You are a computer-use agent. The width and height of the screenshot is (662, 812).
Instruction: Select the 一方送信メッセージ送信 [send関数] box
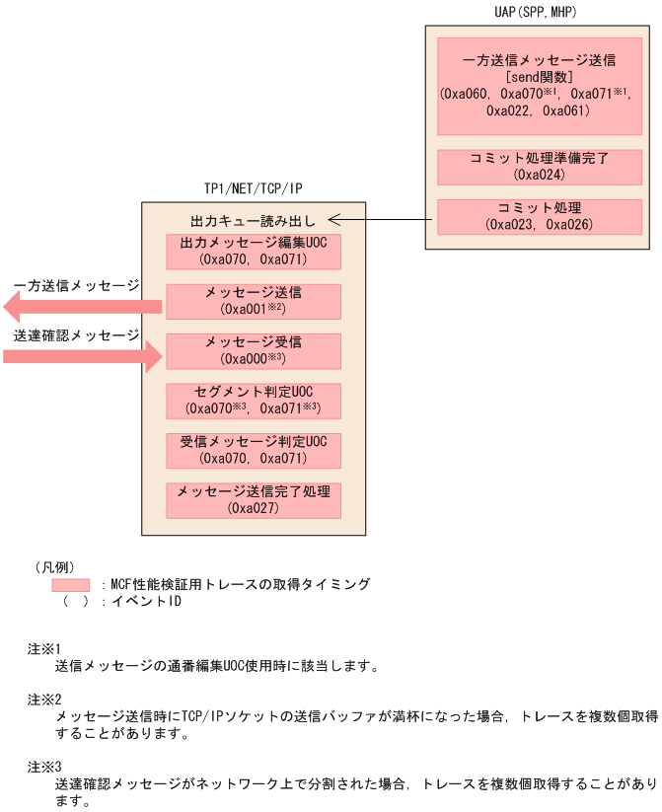[x=539, y=86]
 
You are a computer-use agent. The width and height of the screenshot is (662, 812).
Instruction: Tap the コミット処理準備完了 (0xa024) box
[x=539, y=167]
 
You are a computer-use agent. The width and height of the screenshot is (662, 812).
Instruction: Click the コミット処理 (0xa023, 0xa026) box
[x=539, y=216]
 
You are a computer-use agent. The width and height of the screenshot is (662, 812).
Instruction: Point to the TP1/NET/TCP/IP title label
[x=254, y=188]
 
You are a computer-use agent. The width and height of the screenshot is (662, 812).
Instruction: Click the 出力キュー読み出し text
[x=255, y=219]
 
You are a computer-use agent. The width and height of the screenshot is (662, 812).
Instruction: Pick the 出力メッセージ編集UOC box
[x=255, y=252]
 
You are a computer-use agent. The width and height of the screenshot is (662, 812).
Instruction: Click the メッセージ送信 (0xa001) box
[x=255, y=301]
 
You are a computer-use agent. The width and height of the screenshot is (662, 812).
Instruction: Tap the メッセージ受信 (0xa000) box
[x=255, y=350]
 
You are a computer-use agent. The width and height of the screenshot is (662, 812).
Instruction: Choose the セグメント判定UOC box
[x=255, y=400]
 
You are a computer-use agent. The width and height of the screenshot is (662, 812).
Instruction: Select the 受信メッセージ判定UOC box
[x=255, y=449]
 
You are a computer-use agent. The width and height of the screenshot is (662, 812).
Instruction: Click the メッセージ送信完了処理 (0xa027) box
[x=255, y=500]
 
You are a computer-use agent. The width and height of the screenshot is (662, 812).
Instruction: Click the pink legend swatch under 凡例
[x=70, y=585]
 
